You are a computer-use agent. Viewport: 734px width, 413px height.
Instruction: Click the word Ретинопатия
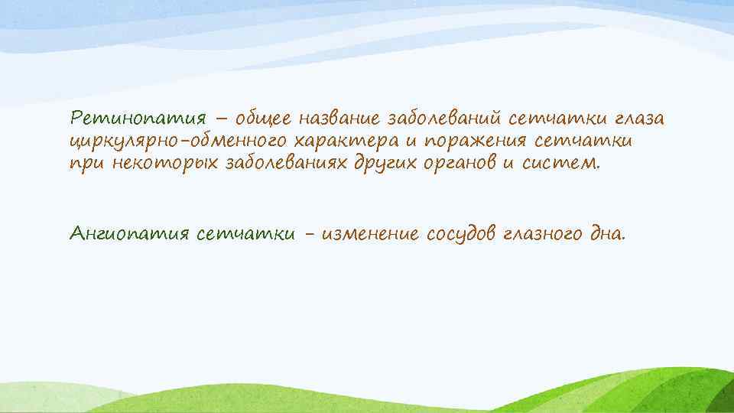[138, 119]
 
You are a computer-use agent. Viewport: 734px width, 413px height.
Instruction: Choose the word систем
[565, 163]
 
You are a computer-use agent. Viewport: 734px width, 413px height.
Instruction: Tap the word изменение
[370, 233]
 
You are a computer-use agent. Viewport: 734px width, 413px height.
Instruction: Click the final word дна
[607, 233]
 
